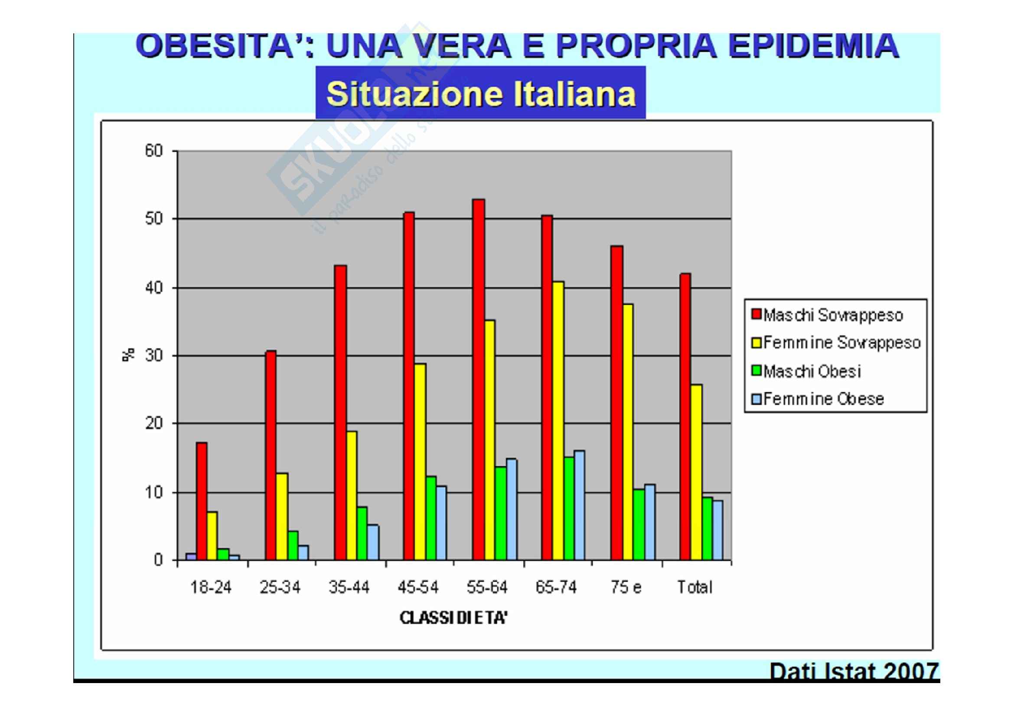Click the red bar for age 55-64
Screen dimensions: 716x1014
coord(478,379)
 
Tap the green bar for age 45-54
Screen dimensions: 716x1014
coord(431,518)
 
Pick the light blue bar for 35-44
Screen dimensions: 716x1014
coord(373,542)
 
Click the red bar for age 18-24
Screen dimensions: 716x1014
coord(202,501)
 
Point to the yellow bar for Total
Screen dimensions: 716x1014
coord(696,472)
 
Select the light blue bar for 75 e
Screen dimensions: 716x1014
coord(650,522)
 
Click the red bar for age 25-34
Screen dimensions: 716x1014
coord(271,455)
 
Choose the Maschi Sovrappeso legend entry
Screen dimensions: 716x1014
coord(827,315)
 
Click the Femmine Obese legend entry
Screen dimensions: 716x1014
coord(818,399)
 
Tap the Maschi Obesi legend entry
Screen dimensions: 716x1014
coord(806,371)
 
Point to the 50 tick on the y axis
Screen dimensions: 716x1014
coord(154,219)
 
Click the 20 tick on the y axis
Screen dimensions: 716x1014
coord(154,424)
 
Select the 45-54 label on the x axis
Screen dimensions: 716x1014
coord(418,587)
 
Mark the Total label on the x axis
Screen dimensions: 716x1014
coord(695,587)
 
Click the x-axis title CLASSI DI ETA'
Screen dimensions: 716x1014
coord(453,618)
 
